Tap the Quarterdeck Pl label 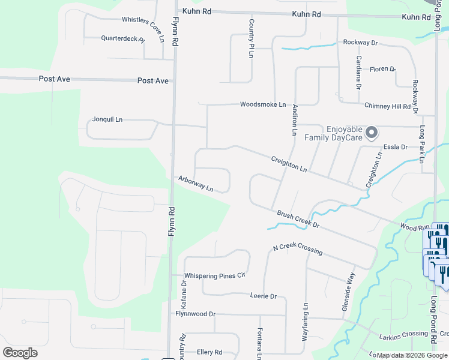point(123,39)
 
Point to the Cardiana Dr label point(358,73)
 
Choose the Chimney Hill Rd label point(391,106)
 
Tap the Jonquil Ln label point(107,119)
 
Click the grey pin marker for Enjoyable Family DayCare point(372,132)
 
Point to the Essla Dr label point(396,147)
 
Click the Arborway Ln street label point(196,184)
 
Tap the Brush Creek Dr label point(298,219)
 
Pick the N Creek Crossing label point(297,249)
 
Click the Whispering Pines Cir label point(215,276)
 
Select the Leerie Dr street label point(263,296)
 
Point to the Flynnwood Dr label point(195,314)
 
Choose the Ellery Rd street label point(209,352)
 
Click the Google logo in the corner point(20,353)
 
